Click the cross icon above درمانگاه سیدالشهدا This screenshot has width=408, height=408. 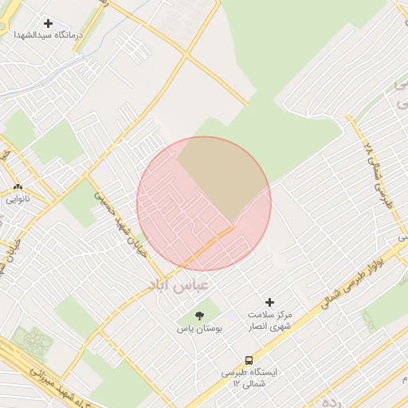[x=49, y=24]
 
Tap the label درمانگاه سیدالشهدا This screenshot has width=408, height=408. [x=49, y=37]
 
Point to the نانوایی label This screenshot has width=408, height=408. [x=18, y=200]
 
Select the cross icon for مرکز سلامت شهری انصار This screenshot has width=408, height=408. [x=269, y=302]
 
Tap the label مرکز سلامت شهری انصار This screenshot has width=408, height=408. [x=269, y=320]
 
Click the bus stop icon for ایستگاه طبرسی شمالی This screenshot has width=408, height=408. [x=249, y=359]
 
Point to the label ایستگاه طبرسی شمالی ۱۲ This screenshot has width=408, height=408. [x=249, y=378]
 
